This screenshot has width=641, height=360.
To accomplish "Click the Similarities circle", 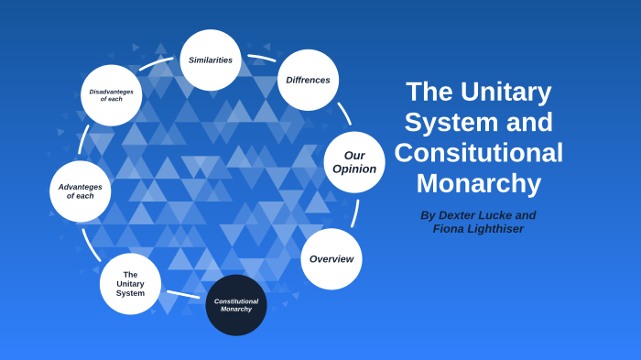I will coord(211,60).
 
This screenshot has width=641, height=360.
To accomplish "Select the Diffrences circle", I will coord(308,80).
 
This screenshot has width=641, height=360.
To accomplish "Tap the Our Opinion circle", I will coord(354,162).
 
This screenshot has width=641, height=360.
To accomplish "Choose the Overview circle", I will coord(331,259).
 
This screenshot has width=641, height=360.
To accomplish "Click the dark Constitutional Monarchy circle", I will coord(236,305).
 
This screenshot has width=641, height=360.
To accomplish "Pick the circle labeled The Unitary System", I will coord(130,284).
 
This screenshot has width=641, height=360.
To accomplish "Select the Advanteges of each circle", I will coord(81,191).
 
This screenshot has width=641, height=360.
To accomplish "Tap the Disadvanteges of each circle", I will coord(111,95).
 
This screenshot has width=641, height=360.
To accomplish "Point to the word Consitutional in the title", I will coord(478,153).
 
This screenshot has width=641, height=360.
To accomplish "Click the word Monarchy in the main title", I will coord(478,183).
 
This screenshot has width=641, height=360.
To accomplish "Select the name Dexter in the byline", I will coord(461,215).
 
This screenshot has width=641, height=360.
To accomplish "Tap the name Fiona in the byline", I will coord(451,229).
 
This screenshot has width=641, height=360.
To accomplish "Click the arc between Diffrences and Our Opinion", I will coord(344,114).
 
